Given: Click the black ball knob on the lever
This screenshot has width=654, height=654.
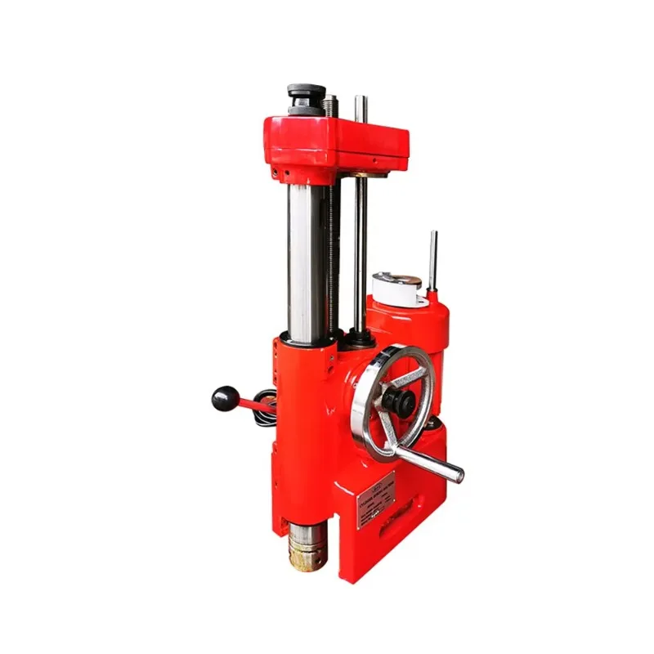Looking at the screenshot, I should tap(225, 398).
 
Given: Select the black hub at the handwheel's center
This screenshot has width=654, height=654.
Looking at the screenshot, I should tap(398, 401).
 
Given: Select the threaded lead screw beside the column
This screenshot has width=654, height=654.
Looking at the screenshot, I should tap(334, 253).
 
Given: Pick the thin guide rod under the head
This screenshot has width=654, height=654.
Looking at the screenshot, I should tap(360, 253).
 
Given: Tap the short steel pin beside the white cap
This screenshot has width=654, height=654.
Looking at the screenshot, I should tap(432, 260).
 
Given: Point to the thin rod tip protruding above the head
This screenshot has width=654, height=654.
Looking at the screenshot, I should tap(361, 107).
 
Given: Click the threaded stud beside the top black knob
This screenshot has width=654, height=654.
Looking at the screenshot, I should tap(330, 106).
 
